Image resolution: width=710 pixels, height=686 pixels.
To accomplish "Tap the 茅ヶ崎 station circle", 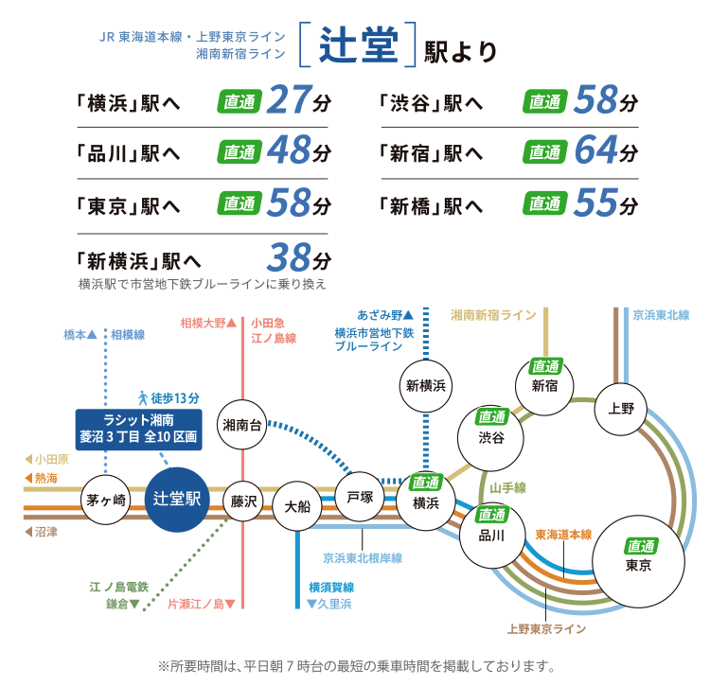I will (x=106, y=501).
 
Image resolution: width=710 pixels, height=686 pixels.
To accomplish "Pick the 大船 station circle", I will (x=297, y=505).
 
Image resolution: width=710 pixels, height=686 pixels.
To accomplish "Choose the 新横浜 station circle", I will (x=425, y=385).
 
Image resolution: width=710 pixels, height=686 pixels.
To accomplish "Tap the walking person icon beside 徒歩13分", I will (x=142, y=396).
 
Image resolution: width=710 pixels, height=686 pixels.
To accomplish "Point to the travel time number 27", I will (x=290, y=99).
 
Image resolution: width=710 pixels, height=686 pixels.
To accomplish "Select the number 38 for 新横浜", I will (x=290, y=256).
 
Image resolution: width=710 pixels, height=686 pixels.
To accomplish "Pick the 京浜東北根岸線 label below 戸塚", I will (x=363, y=558).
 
